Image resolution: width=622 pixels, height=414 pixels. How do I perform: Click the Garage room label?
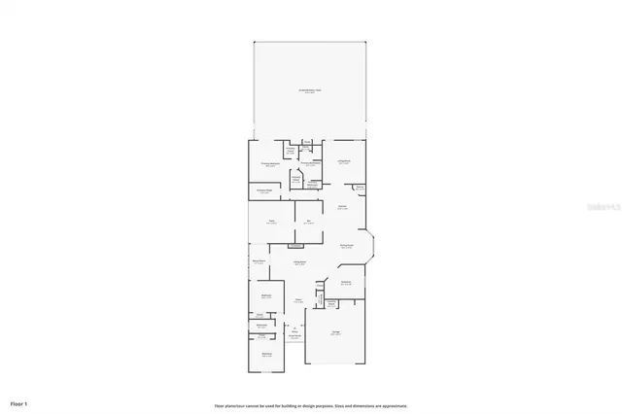pyautogui.click(x=335, y=333)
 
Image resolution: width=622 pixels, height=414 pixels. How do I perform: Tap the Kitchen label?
pyautogui.click(x=342, y=208)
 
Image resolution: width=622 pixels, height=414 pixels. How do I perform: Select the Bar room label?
pyautogui.click(x=309, y=223)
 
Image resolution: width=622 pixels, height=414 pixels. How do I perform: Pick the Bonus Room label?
pyautogui.click(x=259, y=262)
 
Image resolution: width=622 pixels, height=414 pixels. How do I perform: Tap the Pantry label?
pyautogui.click(x=360, y=188)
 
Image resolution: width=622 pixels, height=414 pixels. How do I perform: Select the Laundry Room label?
pyautogui.click(x=344, y=283)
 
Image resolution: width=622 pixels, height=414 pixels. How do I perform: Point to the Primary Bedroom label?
pyautogui.click(x=270, y=164)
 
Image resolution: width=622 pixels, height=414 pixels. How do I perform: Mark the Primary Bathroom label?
pyautogui.click(x=310, y=164)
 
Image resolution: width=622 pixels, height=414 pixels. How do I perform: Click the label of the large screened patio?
pyautogui.click(x=309, y=90)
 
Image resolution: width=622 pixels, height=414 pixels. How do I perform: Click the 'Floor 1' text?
pyautogui.click(x=19, y=402)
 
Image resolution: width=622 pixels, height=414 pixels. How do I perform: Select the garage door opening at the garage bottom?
pyautogui.click(x=335, y=364)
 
